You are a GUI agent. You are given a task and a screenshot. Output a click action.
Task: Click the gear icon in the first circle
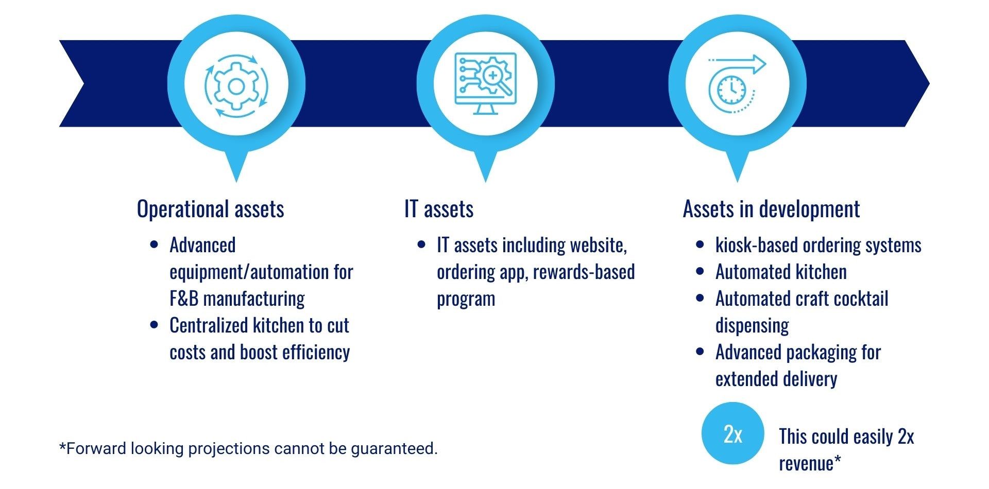click(236, 86)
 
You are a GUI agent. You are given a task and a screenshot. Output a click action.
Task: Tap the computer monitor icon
click(485, 84)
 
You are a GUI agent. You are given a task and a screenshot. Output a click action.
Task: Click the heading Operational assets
click(210, 209)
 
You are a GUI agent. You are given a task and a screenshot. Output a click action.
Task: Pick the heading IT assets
click(439, 209)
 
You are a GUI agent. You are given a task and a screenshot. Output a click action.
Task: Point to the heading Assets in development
click(771, 209)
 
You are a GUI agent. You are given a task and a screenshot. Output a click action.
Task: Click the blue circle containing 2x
click(732, 433)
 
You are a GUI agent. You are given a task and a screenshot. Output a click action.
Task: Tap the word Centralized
click(211, 325)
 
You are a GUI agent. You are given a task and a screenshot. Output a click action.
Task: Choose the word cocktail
click(860, 299)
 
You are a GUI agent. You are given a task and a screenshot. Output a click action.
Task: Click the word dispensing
click(752, 326)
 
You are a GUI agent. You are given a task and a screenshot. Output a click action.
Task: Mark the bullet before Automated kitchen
click(700, 271)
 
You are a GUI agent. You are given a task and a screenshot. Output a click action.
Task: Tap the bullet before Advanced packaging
click(700, 352)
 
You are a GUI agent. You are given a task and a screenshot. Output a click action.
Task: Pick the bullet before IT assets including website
click(421, 244)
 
